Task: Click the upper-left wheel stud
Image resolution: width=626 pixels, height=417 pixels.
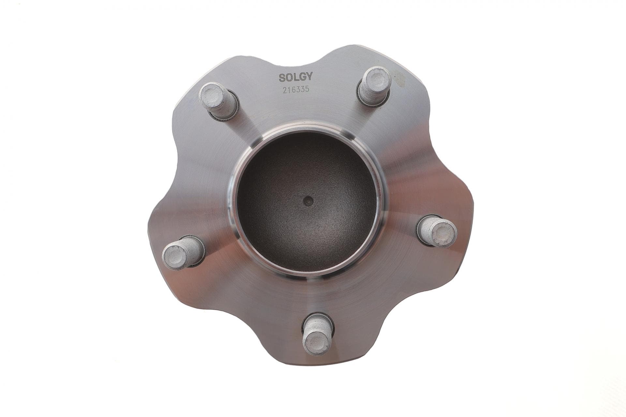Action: tap(219, 101)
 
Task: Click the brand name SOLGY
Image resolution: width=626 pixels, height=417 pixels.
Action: tap(295, 77)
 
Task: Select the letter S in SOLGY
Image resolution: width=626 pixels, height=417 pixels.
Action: tap(282, 77)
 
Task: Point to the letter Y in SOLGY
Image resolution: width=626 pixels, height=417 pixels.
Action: tap(309, 77)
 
